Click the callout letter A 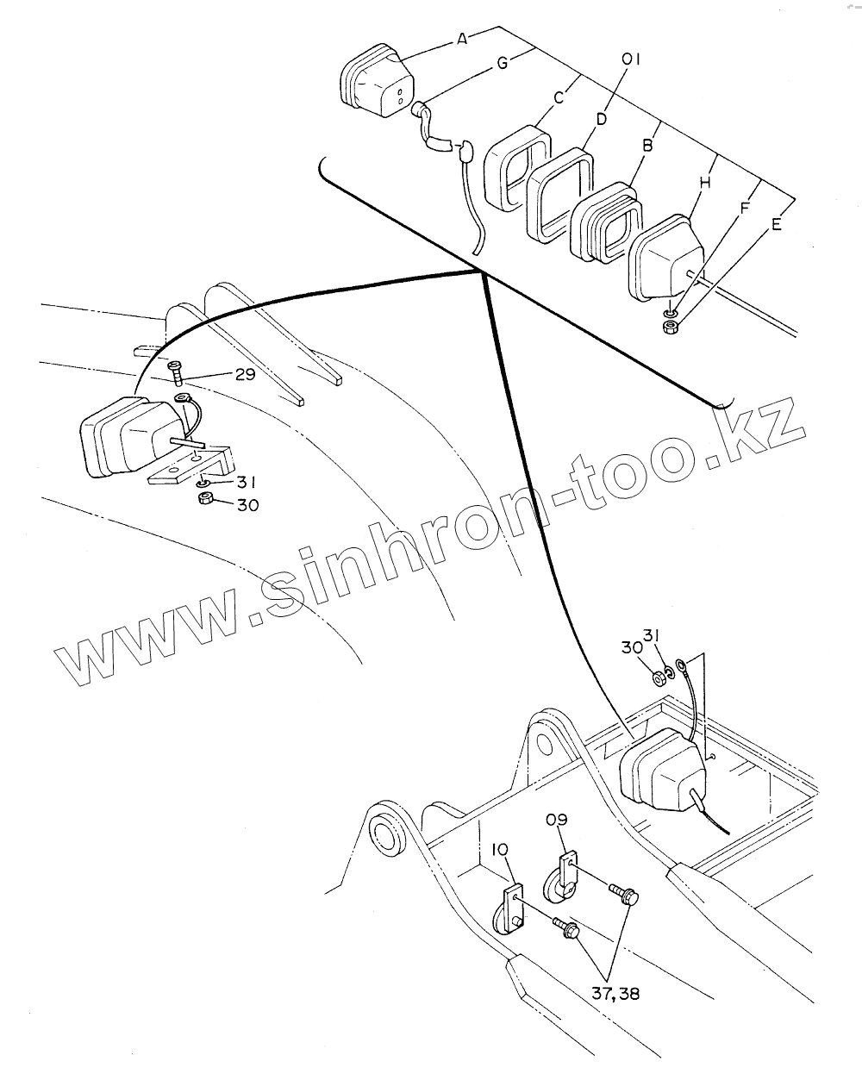pos(463,38)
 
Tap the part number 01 pos(632,59)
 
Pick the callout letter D pos(602,117)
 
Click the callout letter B pos(646,146)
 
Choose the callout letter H pos(705,182)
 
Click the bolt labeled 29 pos(176,372)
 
